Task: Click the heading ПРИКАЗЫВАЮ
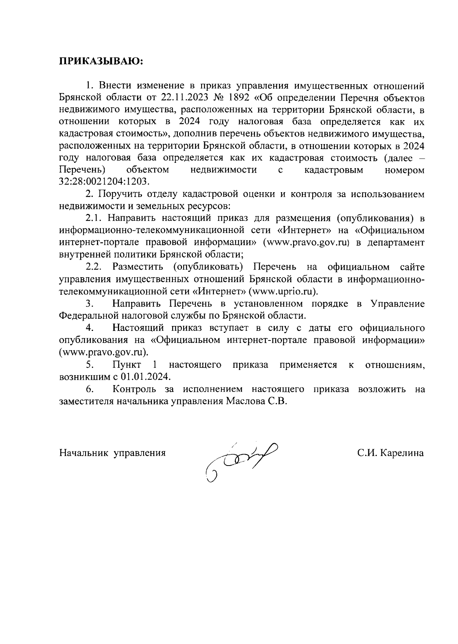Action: click(100, 61)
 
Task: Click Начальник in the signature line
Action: click(83, 453)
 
